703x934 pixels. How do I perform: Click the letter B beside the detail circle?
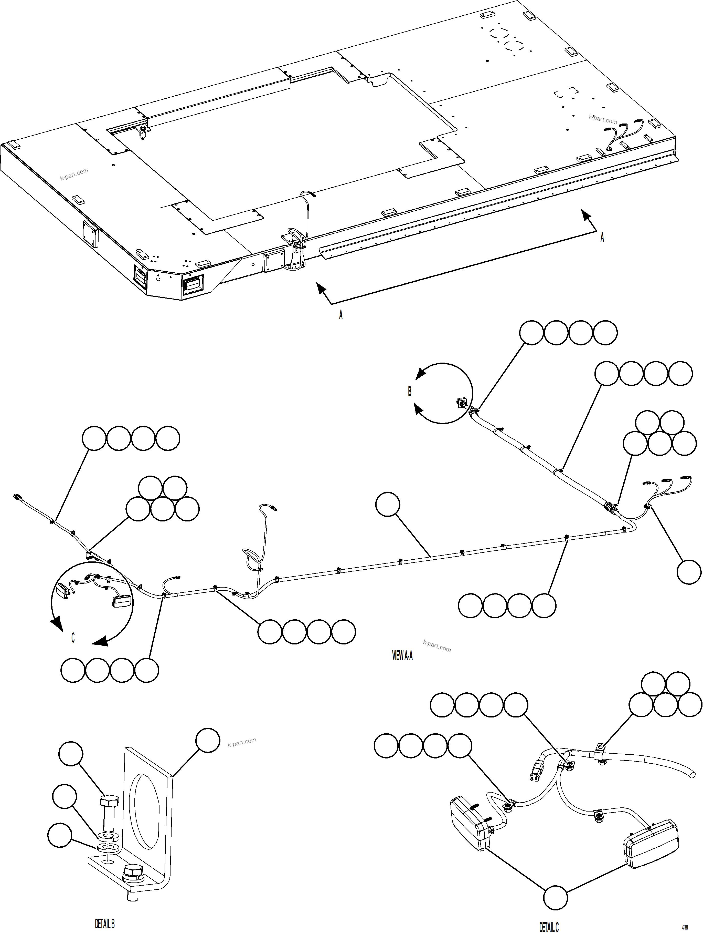coord(409,392)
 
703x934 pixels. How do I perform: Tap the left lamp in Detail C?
coord(468,825)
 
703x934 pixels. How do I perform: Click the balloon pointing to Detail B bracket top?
coord(208,740)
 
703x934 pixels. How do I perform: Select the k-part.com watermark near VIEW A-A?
coord(437,646)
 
